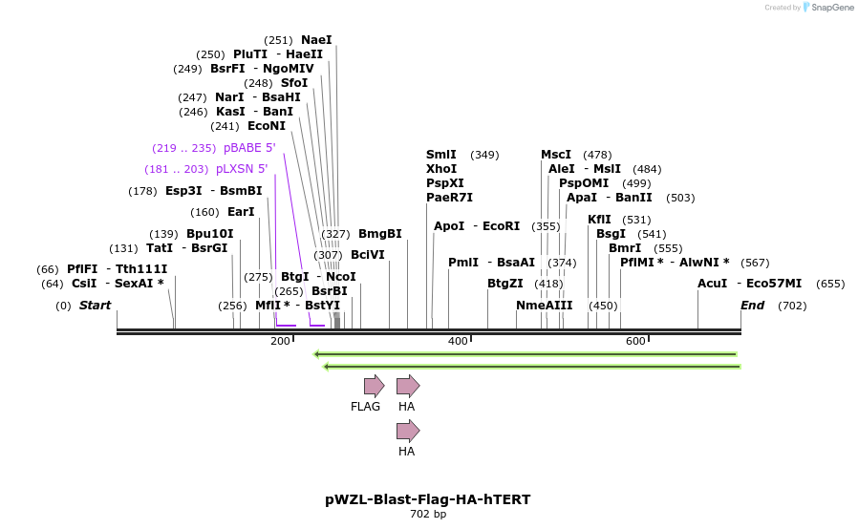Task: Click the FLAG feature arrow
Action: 374,386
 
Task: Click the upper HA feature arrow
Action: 408,386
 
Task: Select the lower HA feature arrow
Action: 408,431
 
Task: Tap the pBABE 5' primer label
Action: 249,148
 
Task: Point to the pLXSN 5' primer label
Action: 242,169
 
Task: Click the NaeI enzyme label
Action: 316,40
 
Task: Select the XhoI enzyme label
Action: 441,169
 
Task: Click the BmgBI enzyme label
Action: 380,234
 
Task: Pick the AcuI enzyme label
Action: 712,284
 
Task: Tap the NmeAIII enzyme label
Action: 544,306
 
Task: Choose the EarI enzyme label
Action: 241,212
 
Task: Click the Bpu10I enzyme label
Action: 209,234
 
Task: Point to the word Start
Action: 95,306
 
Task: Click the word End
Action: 752,306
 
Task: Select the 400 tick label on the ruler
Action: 458,341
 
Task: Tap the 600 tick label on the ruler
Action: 635,341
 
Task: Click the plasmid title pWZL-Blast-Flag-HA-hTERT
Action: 428,499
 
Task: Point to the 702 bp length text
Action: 428,515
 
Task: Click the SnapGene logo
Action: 829,8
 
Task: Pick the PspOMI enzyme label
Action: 584,183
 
